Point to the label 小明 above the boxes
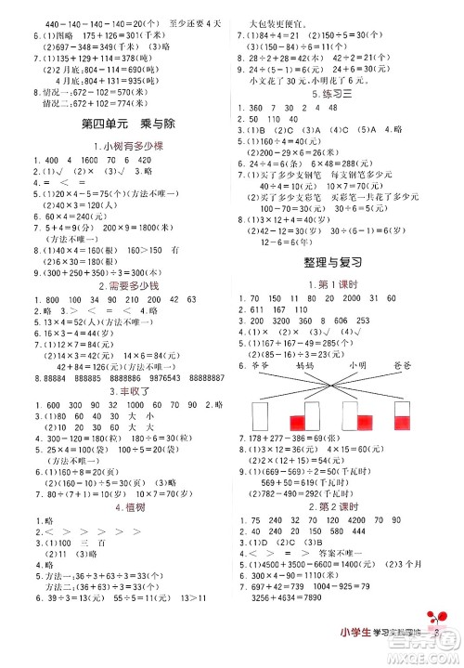(x=354, y=366)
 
